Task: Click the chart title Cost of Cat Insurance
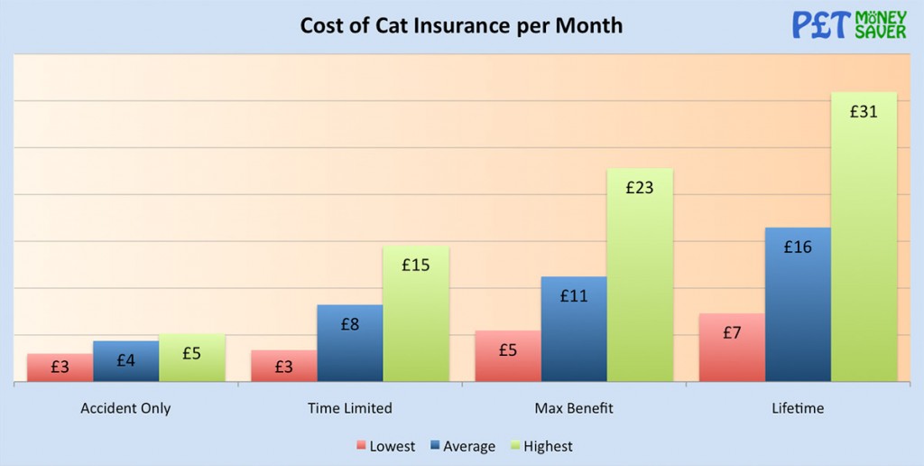(461, 25)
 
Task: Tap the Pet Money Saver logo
(849, 24)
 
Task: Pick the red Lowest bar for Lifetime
(732, 347)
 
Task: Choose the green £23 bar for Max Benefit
(640, 275)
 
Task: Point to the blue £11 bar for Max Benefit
(574, 329)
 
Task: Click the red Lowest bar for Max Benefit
(508, 356)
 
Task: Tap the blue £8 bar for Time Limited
(350, 343)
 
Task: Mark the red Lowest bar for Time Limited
(284, 366)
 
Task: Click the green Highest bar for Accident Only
(192, 358)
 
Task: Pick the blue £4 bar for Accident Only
(126, 360)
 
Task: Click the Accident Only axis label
(125, 408)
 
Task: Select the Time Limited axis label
(350, 408)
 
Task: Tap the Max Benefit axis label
(574, 408)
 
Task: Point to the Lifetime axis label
(798, 408)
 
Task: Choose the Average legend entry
(462, 446)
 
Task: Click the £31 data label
(864, 112)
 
